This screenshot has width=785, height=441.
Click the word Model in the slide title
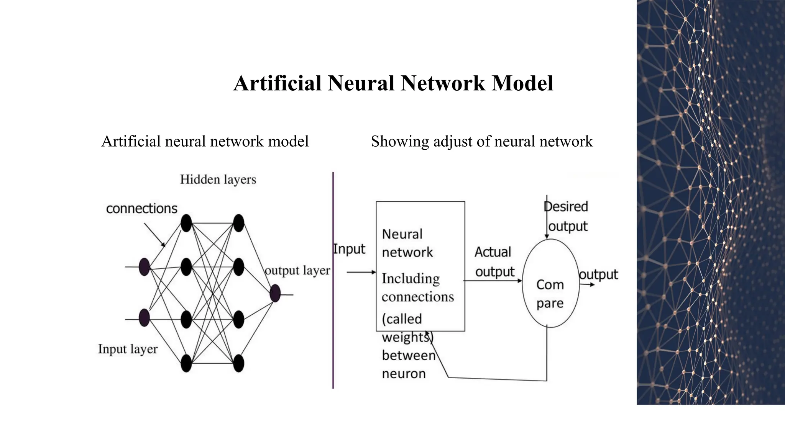tap(522, 83)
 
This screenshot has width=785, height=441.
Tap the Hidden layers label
tap(218, 180)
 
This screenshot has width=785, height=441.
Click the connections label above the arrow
tap(141, 209)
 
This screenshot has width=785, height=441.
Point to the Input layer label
tap(128, 349)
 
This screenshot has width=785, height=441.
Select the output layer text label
tap(297, 270)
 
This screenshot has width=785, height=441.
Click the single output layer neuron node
tap(275, 294)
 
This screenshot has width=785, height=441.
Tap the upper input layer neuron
tap(144, 267)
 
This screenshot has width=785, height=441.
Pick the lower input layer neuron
tap(144, 317)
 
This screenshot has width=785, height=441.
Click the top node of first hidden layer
tap(186, 223)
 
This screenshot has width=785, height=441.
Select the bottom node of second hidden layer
tap(238, 363)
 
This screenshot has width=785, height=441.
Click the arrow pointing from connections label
tap(154, 235)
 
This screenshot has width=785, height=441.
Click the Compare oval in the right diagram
tap(550, 283)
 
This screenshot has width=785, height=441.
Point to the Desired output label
tap(567, 216)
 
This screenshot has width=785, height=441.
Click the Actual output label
tap(494, 262)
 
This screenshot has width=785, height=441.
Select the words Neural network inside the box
tap(407, 243)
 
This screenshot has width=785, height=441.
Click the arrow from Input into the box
tap(361, 272)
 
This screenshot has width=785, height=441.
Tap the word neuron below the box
tap(404, 374)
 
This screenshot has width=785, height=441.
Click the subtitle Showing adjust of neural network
tap(481, 142)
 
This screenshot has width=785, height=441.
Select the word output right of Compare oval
tap(598, 274)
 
